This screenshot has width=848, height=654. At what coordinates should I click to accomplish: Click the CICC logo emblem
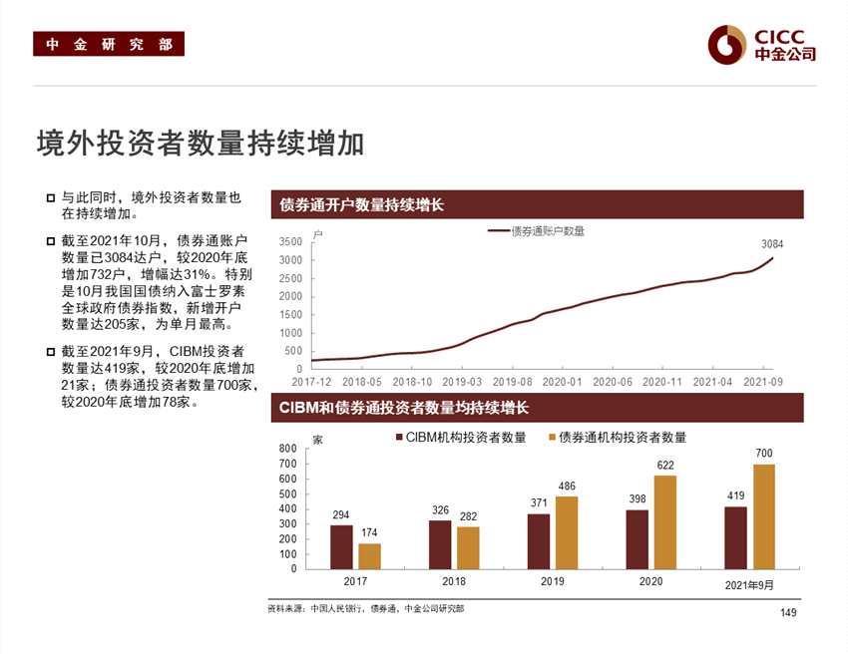point(727,43)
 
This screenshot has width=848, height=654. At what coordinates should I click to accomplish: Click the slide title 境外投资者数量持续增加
point(200,144)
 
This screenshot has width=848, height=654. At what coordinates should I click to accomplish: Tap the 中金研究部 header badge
point(109,45)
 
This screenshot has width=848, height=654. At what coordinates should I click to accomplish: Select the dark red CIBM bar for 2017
point(341,546)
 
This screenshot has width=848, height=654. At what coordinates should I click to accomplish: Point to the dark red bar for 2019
point(539,540)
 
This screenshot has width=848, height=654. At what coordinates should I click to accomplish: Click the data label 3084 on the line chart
point(772,243)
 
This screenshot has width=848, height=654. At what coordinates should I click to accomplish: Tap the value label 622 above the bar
point(664,465)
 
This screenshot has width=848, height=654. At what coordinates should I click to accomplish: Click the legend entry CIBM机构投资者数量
point(461,438)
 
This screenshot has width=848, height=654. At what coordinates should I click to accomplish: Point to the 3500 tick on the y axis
point(290,242)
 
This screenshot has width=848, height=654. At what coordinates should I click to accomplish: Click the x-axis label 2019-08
point(512,381)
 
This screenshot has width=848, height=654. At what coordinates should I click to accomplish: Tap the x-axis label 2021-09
point(762,381)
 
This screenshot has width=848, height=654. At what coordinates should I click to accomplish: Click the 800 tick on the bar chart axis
point(288,449)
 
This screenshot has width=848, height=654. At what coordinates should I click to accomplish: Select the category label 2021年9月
point(749,585)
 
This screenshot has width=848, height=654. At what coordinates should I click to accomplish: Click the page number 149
point(788,612)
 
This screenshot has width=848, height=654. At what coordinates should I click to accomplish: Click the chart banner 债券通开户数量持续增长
point(361,205)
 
